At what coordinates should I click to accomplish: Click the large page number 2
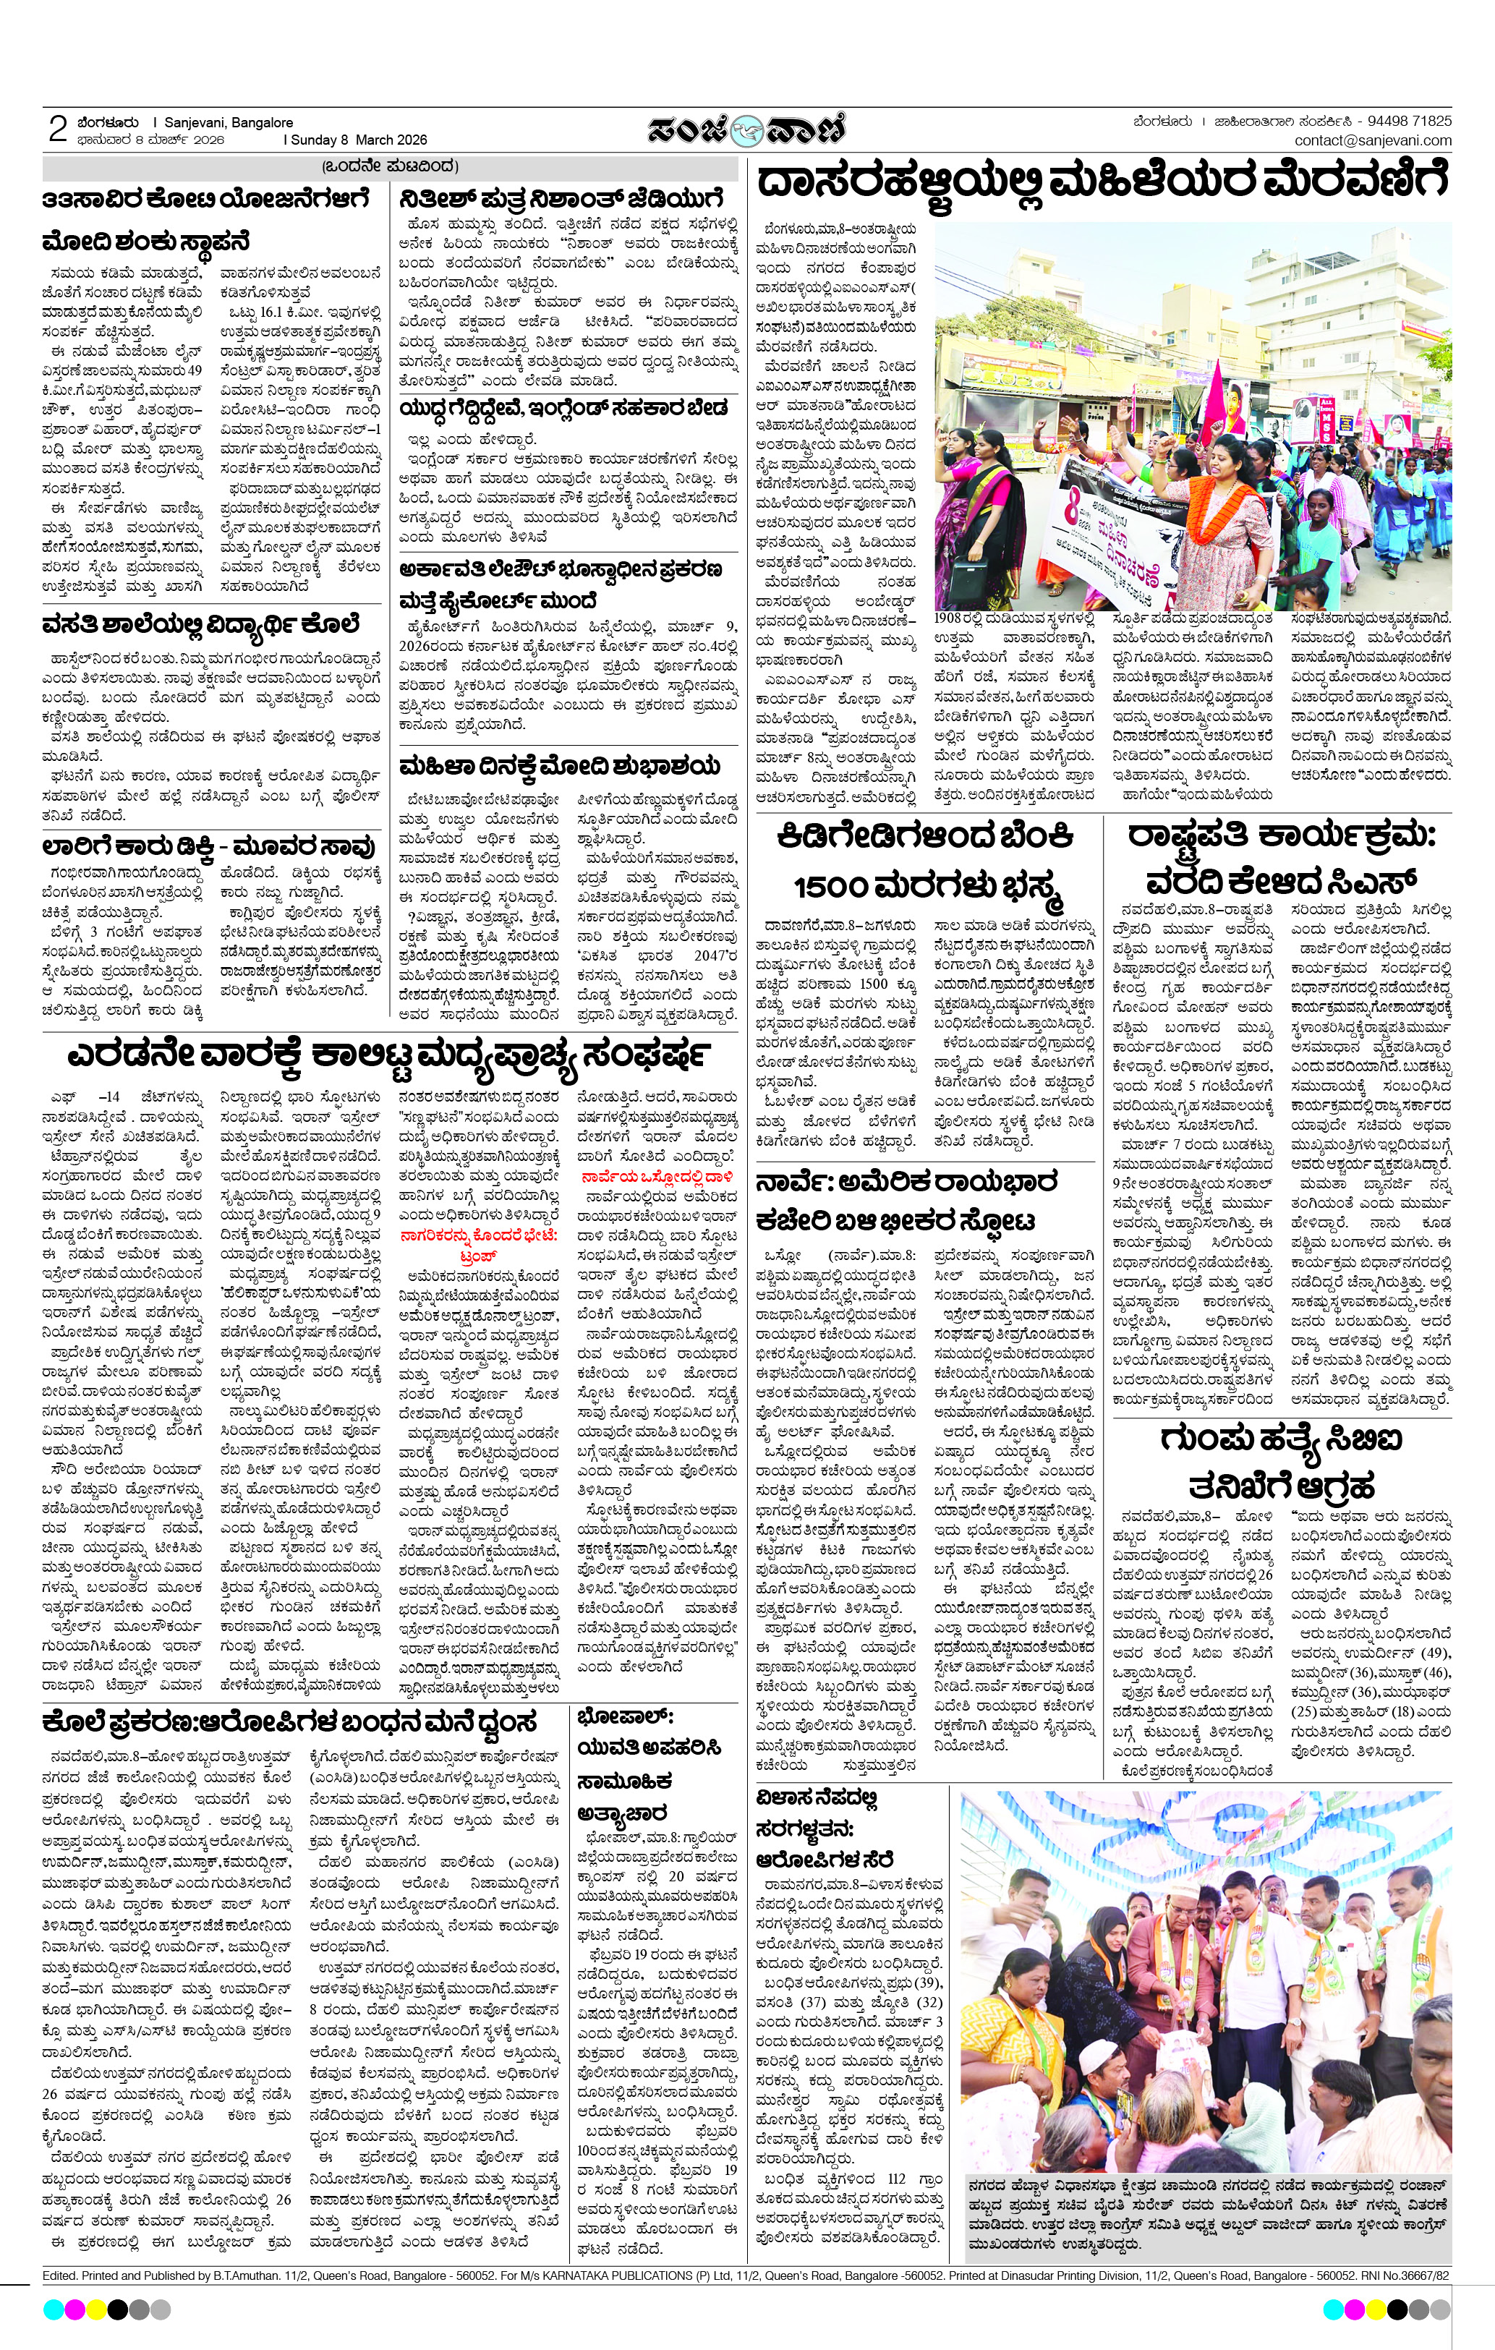click(58, 129)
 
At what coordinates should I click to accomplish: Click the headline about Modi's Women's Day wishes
click(560, 765)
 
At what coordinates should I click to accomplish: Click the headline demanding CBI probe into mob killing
click(1282, 1463)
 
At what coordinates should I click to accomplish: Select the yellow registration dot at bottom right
click(1375, 2309)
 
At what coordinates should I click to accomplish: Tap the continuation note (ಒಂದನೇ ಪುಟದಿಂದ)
click(389, 166)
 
